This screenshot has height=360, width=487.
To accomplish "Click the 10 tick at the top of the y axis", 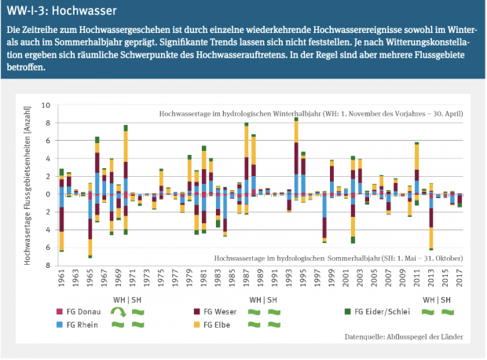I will coord(46,105).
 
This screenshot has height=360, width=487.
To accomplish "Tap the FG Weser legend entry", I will coord(221,311).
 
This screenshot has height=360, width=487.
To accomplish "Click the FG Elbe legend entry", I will coord(218,325).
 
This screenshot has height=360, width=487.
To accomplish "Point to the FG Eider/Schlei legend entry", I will coord(384,311).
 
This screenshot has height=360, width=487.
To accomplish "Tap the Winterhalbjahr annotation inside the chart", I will coord(311,114).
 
